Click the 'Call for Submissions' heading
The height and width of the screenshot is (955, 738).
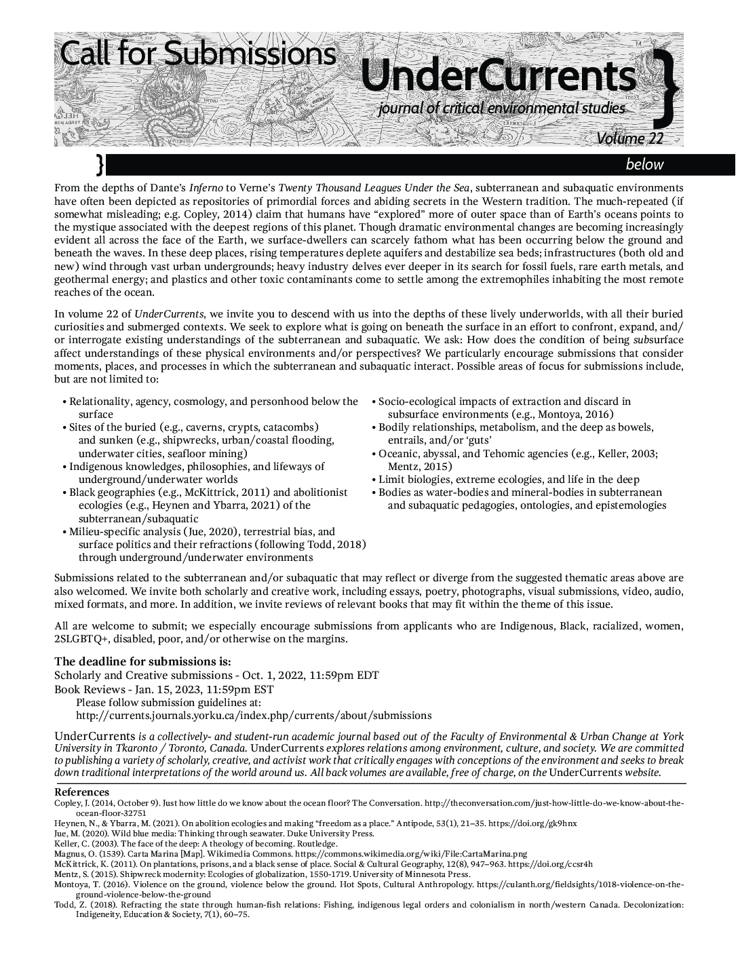(x=197, y=54)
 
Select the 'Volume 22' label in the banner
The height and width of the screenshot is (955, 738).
(x=629, y=138)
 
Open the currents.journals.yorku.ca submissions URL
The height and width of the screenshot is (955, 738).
(x=254, y=716)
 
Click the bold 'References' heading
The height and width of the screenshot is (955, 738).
(x=81, y=792)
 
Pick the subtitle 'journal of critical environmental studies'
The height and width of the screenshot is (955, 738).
(x=502, y=108)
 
